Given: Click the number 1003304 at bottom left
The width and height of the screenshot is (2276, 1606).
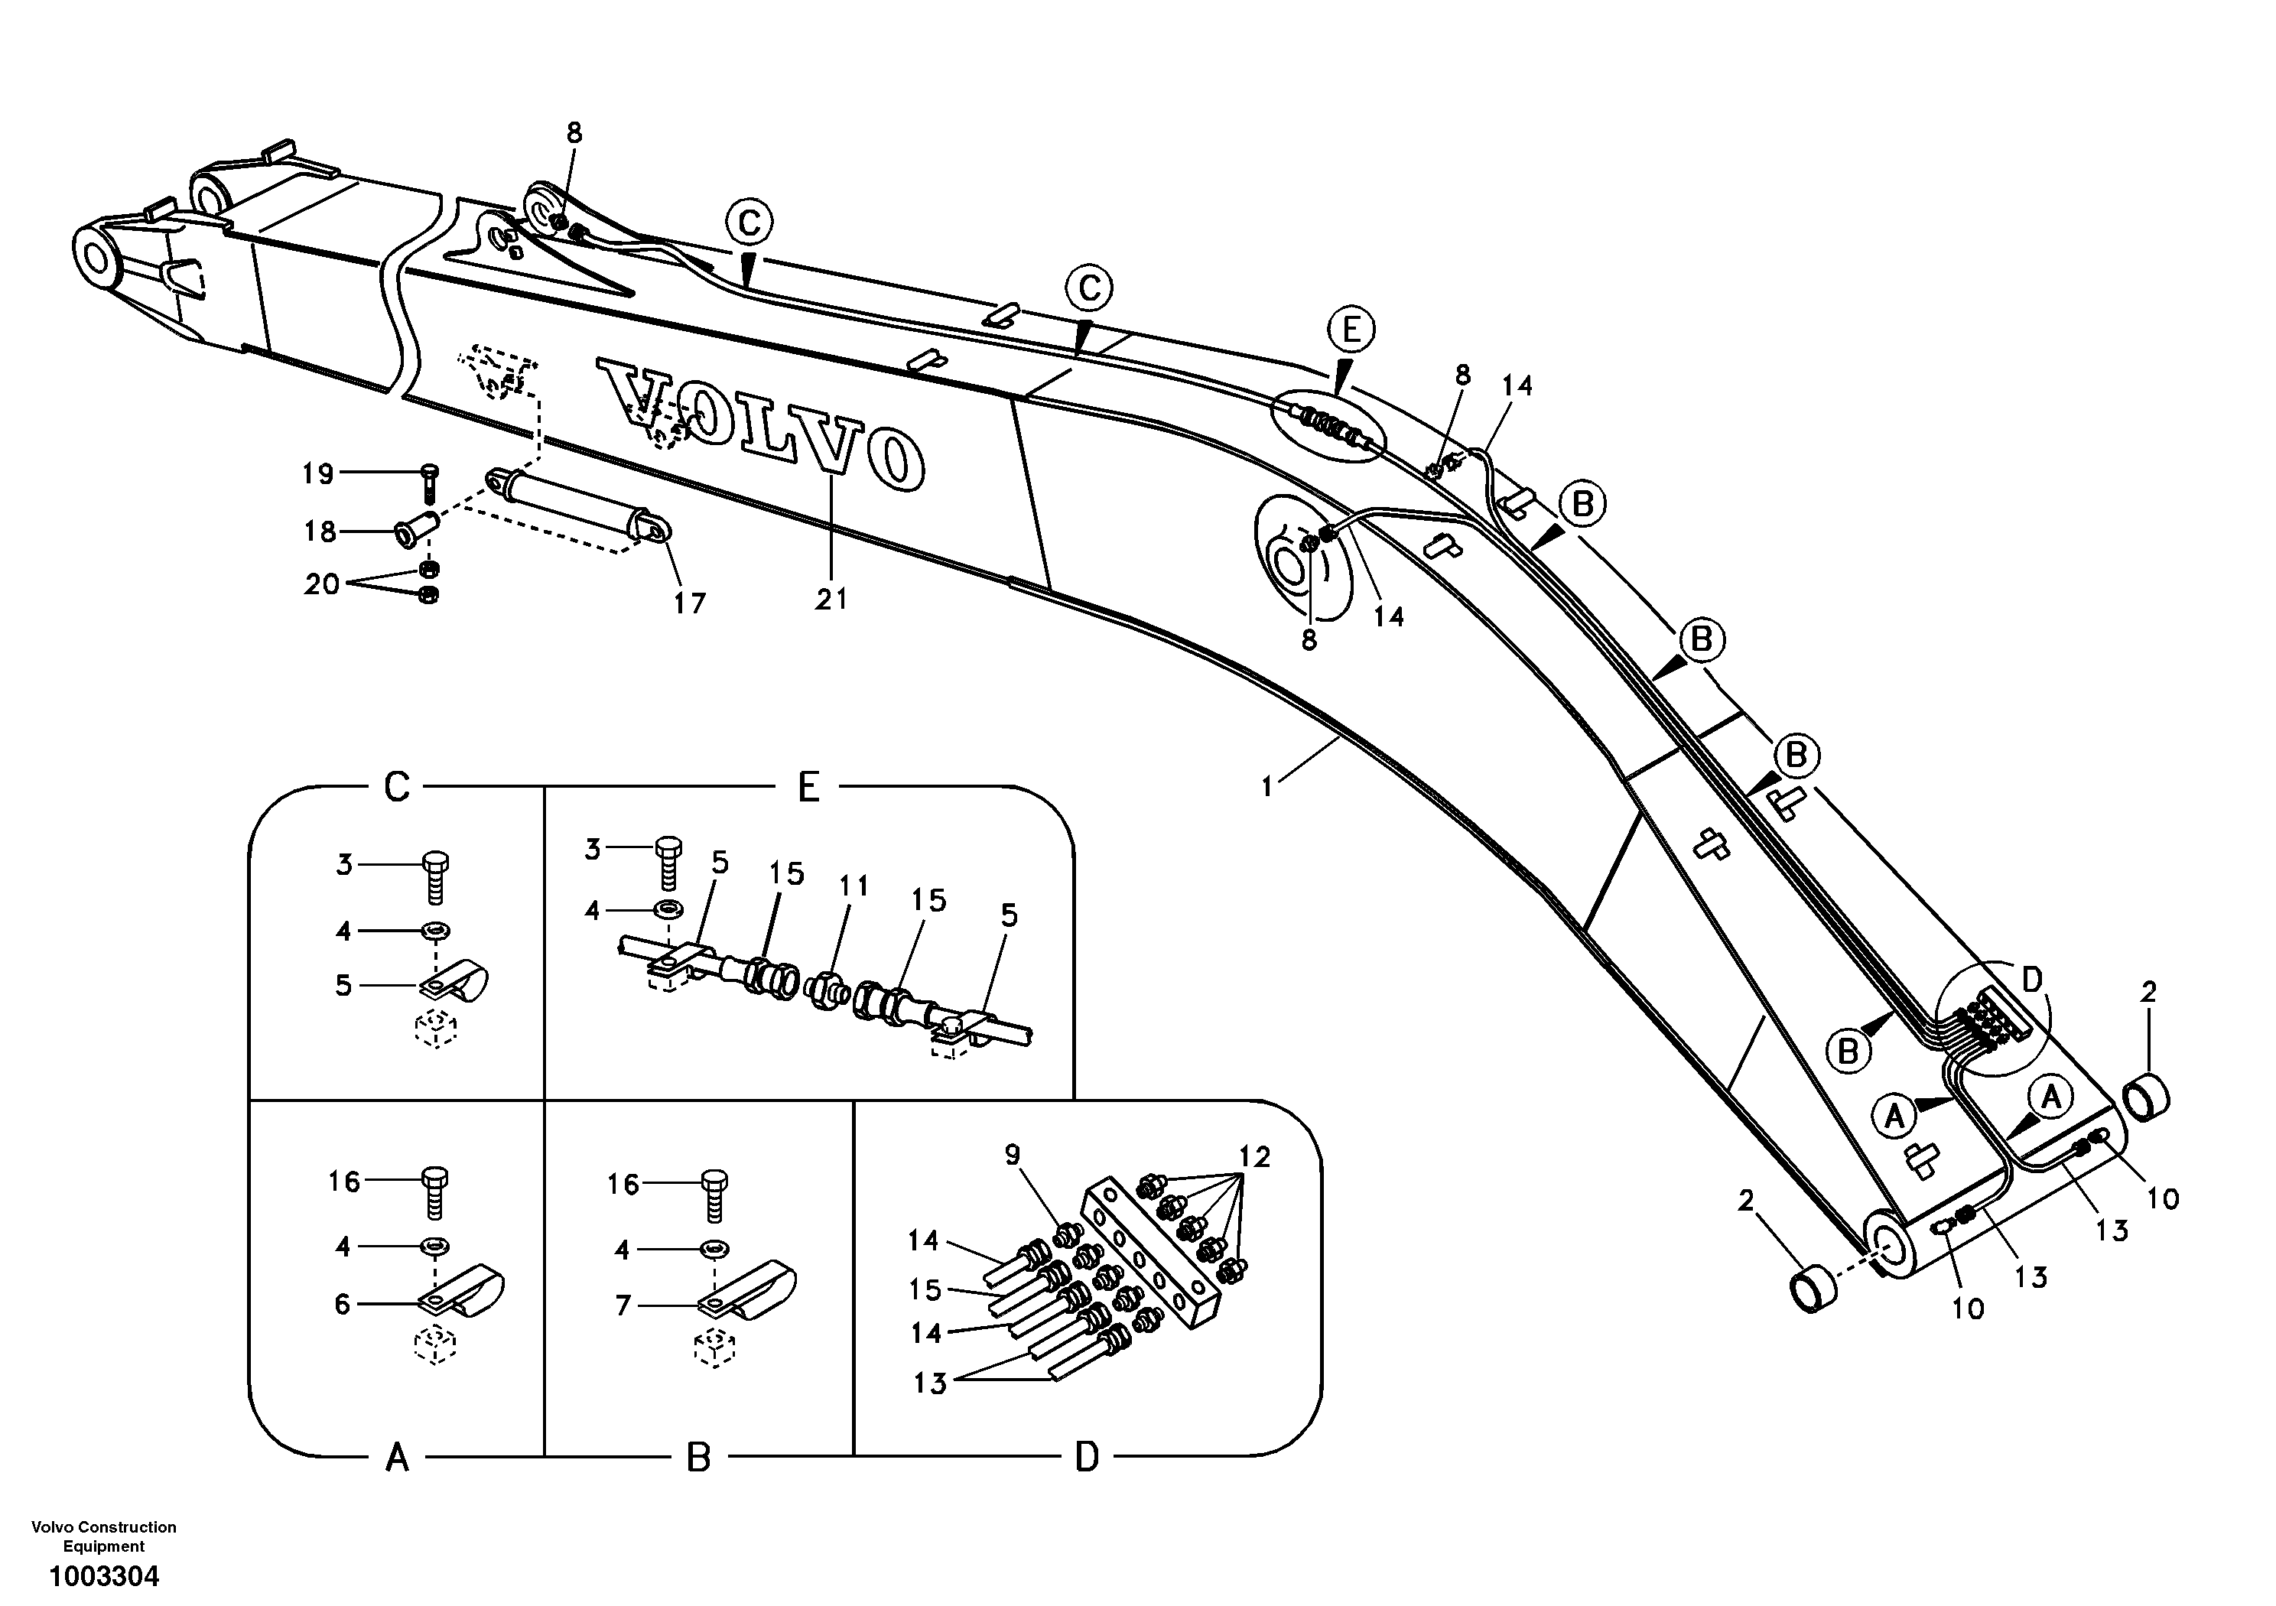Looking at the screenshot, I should click(104, 1576).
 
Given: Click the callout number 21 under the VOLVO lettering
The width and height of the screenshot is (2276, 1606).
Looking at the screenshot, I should click(831, 599).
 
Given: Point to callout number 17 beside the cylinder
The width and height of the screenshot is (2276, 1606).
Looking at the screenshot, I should click(690, 602).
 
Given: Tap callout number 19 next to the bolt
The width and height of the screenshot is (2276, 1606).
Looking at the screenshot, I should click(318, 474).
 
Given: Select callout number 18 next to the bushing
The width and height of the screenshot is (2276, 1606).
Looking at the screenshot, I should click(320, 532).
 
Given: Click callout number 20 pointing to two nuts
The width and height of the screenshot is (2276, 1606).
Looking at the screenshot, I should click(322, 584).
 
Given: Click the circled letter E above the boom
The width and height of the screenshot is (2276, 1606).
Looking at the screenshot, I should click(1352, 330).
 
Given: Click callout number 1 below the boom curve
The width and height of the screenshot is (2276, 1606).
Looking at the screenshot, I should click(1267, 786).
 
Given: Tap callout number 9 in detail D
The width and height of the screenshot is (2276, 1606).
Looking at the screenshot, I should click(1012, 1155).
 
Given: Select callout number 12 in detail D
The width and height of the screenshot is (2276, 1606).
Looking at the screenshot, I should click(1254, 1157).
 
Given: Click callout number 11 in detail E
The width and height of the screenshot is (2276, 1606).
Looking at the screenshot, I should click(853, 886).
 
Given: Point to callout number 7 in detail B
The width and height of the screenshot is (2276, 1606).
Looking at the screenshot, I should click(623, 1305).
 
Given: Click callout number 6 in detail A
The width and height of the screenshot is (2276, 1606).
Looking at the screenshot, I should click(342, 1304).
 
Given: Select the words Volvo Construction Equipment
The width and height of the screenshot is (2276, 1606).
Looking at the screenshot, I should click(104, 1536).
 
